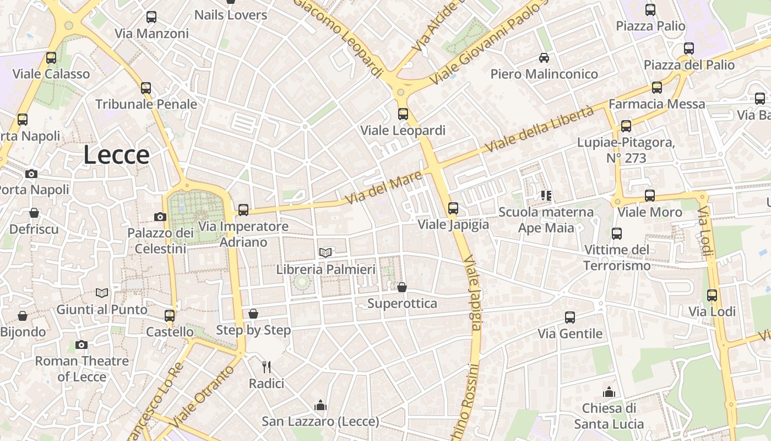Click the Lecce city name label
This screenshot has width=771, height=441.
116,155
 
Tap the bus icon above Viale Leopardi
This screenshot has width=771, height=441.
403,114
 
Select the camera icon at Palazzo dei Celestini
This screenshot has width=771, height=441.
160,217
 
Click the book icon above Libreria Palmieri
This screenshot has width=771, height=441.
325,252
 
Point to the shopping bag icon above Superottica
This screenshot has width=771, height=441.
402,287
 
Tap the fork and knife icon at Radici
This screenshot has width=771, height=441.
267,367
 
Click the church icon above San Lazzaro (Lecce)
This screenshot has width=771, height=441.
321,406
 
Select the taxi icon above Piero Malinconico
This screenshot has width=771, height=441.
544,57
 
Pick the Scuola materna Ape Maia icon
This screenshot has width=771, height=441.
546,195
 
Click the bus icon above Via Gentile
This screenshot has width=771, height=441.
570,318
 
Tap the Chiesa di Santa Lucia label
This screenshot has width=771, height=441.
609,416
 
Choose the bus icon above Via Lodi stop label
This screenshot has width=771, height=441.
712,295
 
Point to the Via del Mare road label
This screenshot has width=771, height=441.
383,187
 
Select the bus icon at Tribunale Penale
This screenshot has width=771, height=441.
146,88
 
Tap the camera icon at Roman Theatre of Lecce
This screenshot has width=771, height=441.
82,345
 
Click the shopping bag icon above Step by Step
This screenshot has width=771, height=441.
253,314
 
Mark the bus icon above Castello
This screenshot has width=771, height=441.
170,316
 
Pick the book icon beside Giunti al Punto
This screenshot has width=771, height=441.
101,293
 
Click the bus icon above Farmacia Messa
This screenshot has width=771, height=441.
656,88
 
